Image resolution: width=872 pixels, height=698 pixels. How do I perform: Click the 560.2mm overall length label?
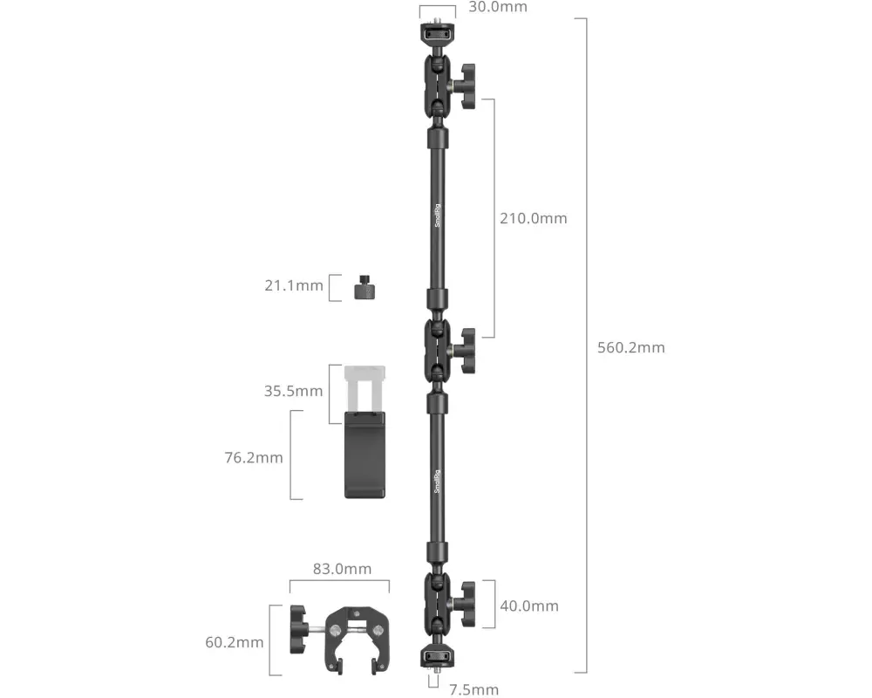pyautogui.click(x=630, y=347)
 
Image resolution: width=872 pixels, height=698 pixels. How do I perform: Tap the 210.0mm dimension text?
pyautogui.click(x=534, y=218)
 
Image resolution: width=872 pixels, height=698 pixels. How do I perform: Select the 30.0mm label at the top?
pyautogui.click(x=498, y=7)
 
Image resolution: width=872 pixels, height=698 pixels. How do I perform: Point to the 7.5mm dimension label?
pyautogui.click(x=473, y=690)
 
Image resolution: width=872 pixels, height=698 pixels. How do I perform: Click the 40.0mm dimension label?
pyautogui.click(x=529, y=606)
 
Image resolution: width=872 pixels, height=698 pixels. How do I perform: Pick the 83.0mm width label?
pyautogui.click(x=342, y=569)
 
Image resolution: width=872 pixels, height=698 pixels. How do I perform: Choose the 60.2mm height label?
pyautogui.click(x=234, y=642)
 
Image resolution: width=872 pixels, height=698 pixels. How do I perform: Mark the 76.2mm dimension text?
pyautogui.click(x=254, y=457)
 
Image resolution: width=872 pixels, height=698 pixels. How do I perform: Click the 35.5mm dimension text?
pyautogui.click(x=293, y=391)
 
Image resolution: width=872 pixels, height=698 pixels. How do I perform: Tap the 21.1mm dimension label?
pyautogui.click(x=294, y=285)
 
